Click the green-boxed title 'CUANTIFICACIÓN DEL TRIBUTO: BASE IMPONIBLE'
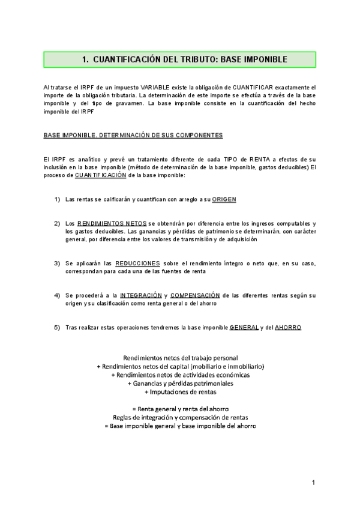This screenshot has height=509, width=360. [180, 60]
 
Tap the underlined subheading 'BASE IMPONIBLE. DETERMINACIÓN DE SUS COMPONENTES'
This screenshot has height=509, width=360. [133, 136]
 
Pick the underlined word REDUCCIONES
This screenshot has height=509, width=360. [137, 263]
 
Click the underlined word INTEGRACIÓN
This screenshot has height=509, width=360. [141, 295]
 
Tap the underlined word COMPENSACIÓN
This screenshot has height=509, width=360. [194, 295]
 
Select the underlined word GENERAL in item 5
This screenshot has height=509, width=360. [244, 327]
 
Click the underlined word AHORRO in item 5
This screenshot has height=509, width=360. [287, 327]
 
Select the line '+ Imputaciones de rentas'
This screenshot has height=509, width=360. [180, 392]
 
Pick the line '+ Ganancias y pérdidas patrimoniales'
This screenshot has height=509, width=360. [180, 384]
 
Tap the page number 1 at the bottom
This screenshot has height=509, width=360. [313, 483]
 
